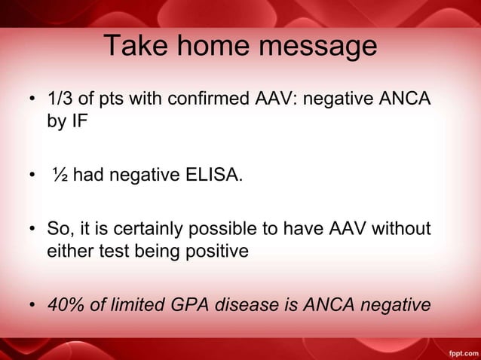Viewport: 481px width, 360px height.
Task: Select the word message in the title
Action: tap(316, 47)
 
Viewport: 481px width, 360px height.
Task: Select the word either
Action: tap(70, 251)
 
